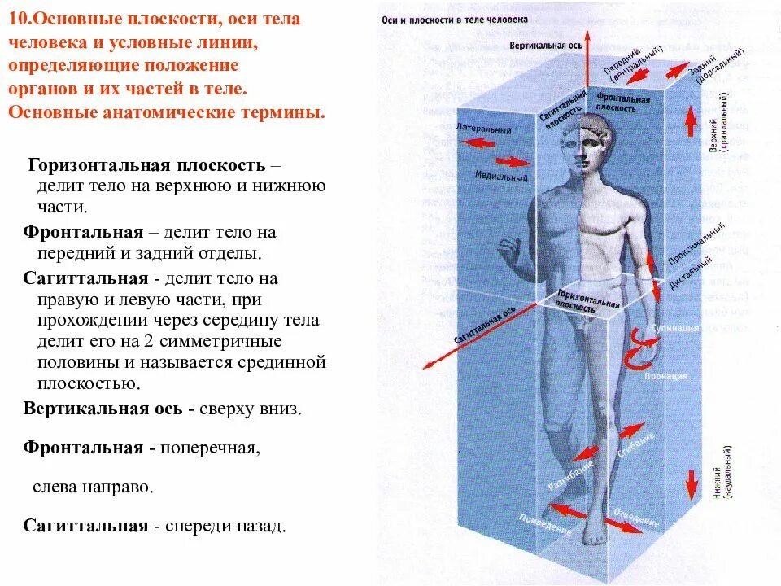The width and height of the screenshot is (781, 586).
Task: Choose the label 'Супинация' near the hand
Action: (677, 328)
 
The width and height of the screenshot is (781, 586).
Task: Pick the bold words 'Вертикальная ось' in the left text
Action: (103, 409)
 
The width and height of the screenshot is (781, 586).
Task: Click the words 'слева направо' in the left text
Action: (93, 487)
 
